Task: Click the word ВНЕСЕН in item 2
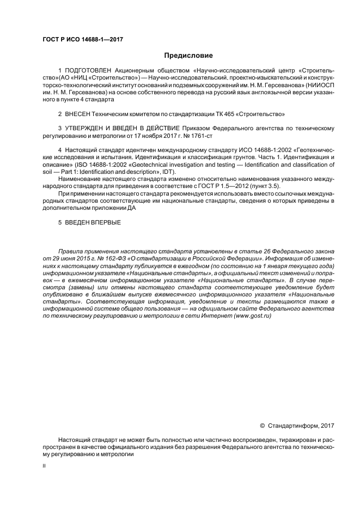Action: click(x=79, y=114)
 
